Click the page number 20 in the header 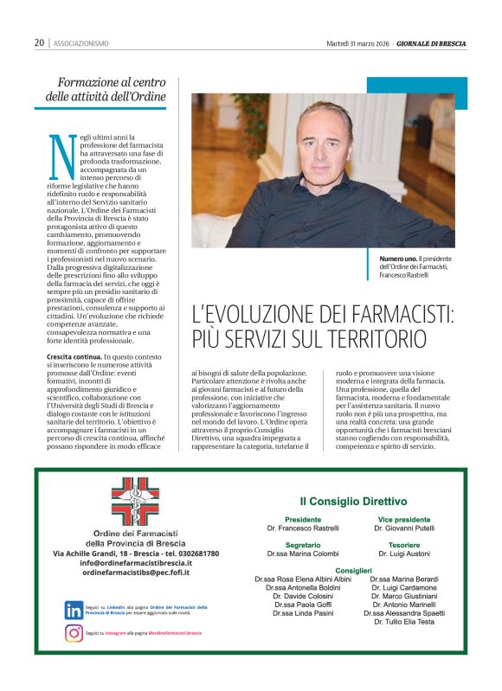(40, 42)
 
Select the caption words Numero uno (399, 259)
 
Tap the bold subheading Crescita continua (74, 355)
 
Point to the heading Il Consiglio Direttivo (353, 500)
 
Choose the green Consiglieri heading (353, 571)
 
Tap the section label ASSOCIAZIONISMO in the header (81, 42)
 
